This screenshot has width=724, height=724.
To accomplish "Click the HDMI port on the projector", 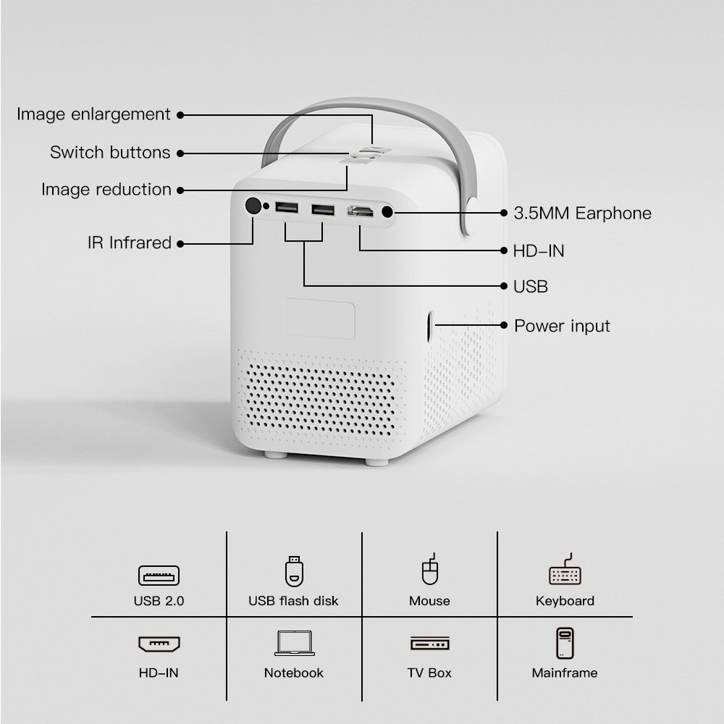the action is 360,211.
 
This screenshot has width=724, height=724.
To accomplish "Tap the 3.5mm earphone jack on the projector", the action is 387,212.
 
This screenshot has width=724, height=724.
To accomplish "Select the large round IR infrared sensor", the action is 253,206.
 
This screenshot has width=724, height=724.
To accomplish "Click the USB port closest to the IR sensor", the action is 286,207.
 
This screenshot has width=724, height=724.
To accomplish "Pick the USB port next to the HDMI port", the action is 323,210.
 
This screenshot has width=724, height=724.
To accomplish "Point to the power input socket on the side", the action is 430,326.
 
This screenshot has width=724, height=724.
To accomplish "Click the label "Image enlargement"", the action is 93,114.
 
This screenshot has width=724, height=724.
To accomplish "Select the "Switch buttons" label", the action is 110,152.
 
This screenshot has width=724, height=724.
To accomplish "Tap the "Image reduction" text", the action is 106,189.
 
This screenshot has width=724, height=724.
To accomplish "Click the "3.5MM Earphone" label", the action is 582,214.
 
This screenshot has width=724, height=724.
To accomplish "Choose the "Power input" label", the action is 562,326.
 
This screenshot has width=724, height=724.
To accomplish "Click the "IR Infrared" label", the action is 130,243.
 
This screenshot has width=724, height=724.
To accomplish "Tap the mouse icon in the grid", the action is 430,569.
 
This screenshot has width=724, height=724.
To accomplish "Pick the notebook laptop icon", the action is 294,643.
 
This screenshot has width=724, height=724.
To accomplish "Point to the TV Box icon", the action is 430,643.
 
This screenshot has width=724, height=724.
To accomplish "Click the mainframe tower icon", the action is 565,643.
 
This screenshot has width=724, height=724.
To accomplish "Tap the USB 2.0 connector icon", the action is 159,576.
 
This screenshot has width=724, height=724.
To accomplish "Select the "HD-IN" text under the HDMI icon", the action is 159,673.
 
